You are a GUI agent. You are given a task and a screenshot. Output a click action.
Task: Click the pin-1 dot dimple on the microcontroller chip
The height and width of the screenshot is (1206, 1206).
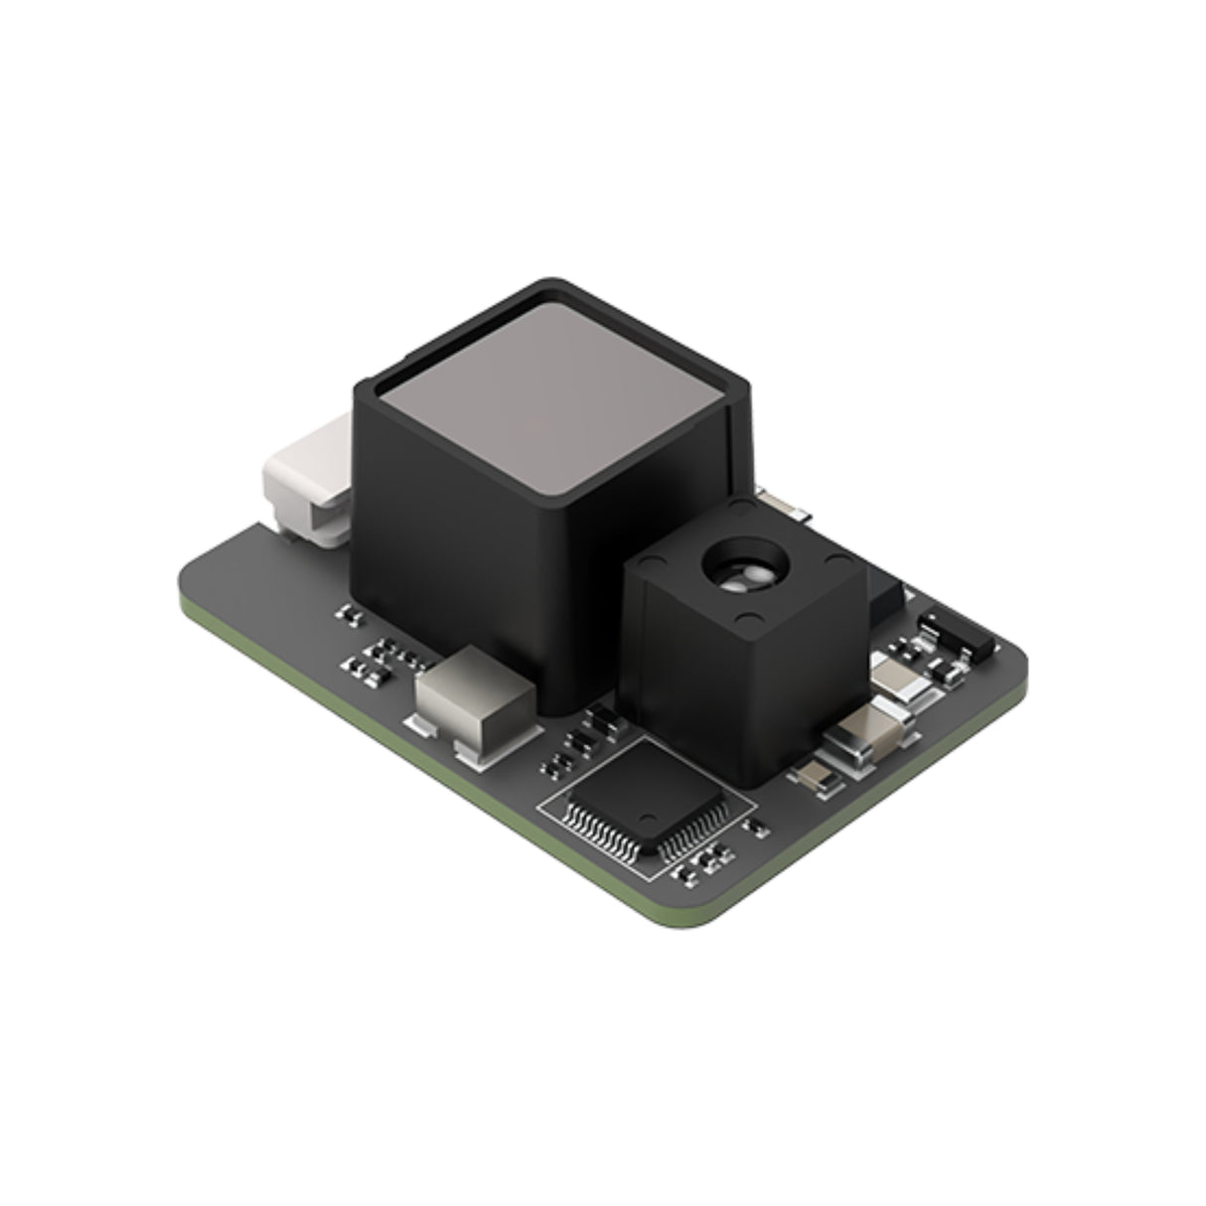pyautogui.click(x=647, y=813)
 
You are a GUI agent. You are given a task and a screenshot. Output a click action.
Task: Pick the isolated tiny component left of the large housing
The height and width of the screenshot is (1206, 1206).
pyautogui.click(x=349, y=616)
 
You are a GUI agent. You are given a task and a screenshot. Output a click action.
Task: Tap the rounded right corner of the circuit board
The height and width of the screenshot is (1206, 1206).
pyautogui.click(x=1017, y=660)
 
